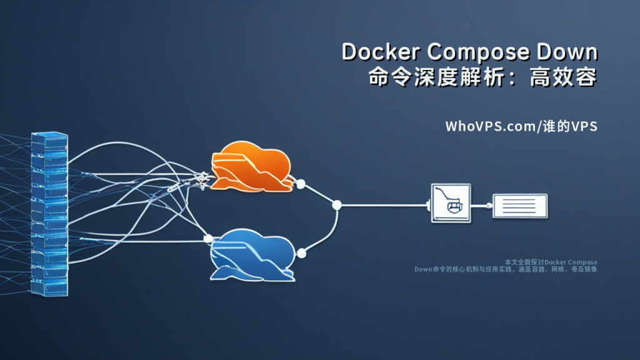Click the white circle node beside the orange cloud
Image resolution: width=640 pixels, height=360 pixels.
(x=300, y=184)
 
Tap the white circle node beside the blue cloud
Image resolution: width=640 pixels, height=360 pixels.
(x=301, y=253)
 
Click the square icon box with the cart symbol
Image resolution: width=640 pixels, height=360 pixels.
(x=451, y=203)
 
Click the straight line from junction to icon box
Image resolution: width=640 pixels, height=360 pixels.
(x=384, y=204)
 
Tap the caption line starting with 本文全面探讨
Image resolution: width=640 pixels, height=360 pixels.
(x=550, y=262)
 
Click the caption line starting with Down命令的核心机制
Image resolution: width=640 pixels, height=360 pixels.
(x=506, y=269)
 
